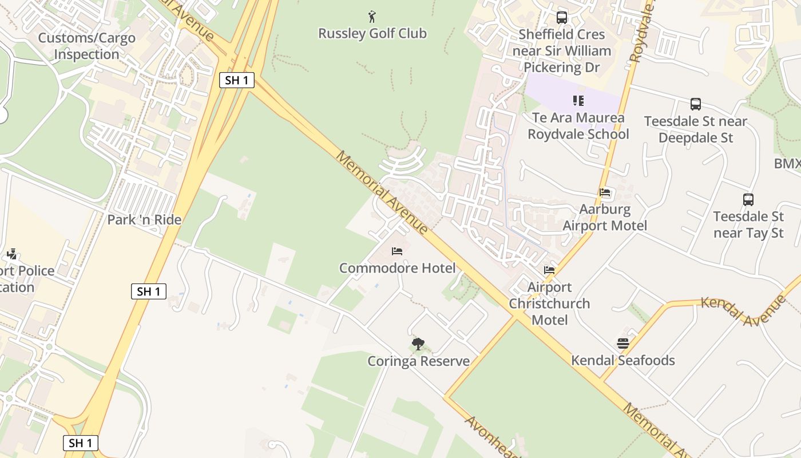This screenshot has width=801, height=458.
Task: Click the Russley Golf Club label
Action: (372, 33)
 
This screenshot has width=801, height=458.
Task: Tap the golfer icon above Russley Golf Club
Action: (372, 17)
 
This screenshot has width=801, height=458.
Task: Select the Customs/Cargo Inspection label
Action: (86, 46)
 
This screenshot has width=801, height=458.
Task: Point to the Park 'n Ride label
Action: (144, 219)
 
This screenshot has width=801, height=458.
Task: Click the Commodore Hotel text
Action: (397, 268)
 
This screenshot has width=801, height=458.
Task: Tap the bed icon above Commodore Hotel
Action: (397, 251)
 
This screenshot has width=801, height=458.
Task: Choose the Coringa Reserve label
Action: (418, 361)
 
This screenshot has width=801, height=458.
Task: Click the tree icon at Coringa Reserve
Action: (418, 344)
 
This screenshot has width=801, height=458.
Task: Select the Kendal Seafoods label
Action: (623, 360)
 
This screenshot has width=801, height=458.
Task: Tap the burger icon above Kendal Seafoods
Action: (623, 343)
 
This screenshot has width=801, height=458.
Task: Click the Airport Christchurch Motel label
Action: (549, 303)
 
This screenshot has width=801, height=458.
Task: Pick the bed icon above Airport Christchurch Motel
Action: (549, 270)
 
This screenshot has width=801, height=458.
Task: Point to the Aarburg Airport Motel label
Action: (605, 218)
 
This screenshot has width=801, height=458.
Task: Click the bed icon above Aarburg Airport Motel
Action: (605, 192)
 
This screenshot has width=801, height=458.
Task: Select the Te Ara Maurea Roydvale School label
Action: (578, 126)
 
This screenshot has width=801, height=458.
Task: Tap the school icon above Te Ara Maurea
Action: (578, 101)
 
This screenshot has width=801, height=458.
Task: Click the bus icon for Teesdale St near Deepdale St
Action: (696, 104)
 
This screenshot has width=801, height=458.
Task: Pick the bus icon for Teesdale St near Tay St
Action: (748, 200)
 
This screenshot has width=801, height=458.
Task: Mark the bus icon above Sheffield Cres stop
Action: (562, 17)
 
